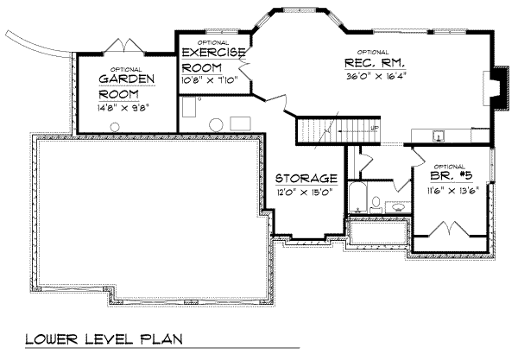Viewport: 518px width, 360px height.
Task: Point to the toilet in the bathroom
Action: [376, 205]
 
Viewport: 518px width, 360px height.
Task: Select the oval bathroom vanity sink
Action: [399, 206]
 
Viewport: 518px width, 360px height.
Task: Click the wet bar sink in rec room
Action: [437, 136]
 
